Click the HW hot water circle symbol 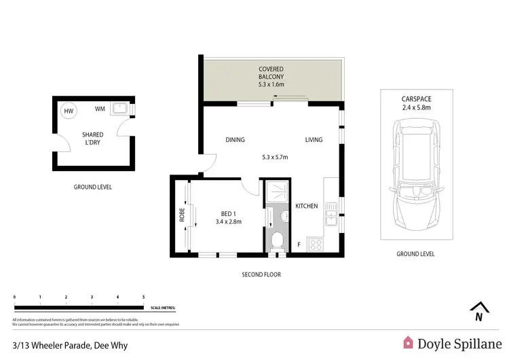(69, 111)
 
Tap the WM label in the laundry (100, 109)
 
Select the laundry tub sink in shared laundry (121, 107)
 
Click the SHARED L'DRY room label (93, 139)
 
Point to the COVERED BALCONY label (271, 73)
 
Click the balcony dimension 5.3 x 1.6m (271, 85)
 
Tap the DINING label (235, 140)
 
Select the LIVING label (314, 140)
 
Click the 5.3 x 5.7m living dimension (275, 158)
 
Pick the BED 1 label (229, 212)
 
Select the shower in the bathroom (277, 192)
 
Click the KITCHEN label (306, 206)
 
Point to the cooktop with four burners (316, 244)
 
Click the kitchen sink (331, 218)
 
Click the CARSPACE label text (416, 98)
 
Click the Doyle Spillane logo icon (409, 343)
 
